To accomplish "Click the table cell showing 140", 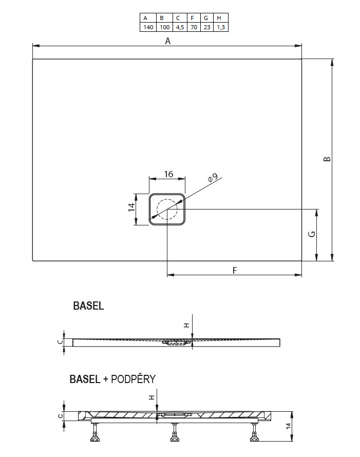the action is point(148,27).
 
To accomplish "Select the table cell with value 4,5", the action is point(180,27).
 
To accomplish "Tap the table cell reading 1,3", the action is point(221,27).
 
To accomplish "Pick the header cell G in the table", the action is point(206,18).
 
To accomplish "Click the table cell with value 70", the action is point(194,27).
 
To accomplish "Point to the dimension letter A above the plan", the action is point(167,41).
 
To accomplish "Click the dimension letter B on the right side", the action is point(327,159).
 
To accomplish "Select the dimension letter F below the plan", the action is point(235,271).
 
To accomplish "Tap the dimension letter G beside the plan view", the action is point(312,234).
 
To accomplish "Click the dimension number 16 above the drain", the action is point(168,174).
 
